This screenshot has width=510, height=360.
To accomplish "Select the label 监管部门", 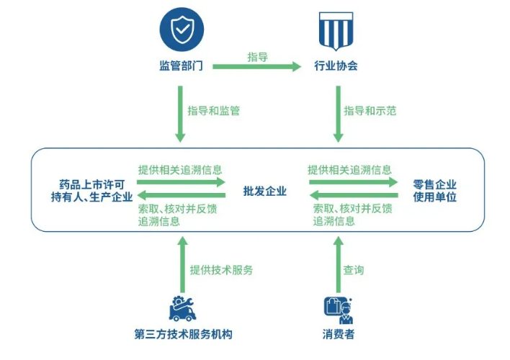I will tap(181, 66).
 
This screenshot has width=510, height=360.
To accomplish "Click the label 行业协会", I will tap(336, 66).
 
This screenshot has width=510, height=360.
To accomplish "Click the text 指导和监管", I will tap(213, 111).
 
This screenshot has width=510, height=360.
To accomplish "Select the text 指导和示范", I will tap(370, 111).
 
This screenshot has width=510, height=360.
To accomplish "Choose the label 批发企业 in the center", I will tap(265, 191).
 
